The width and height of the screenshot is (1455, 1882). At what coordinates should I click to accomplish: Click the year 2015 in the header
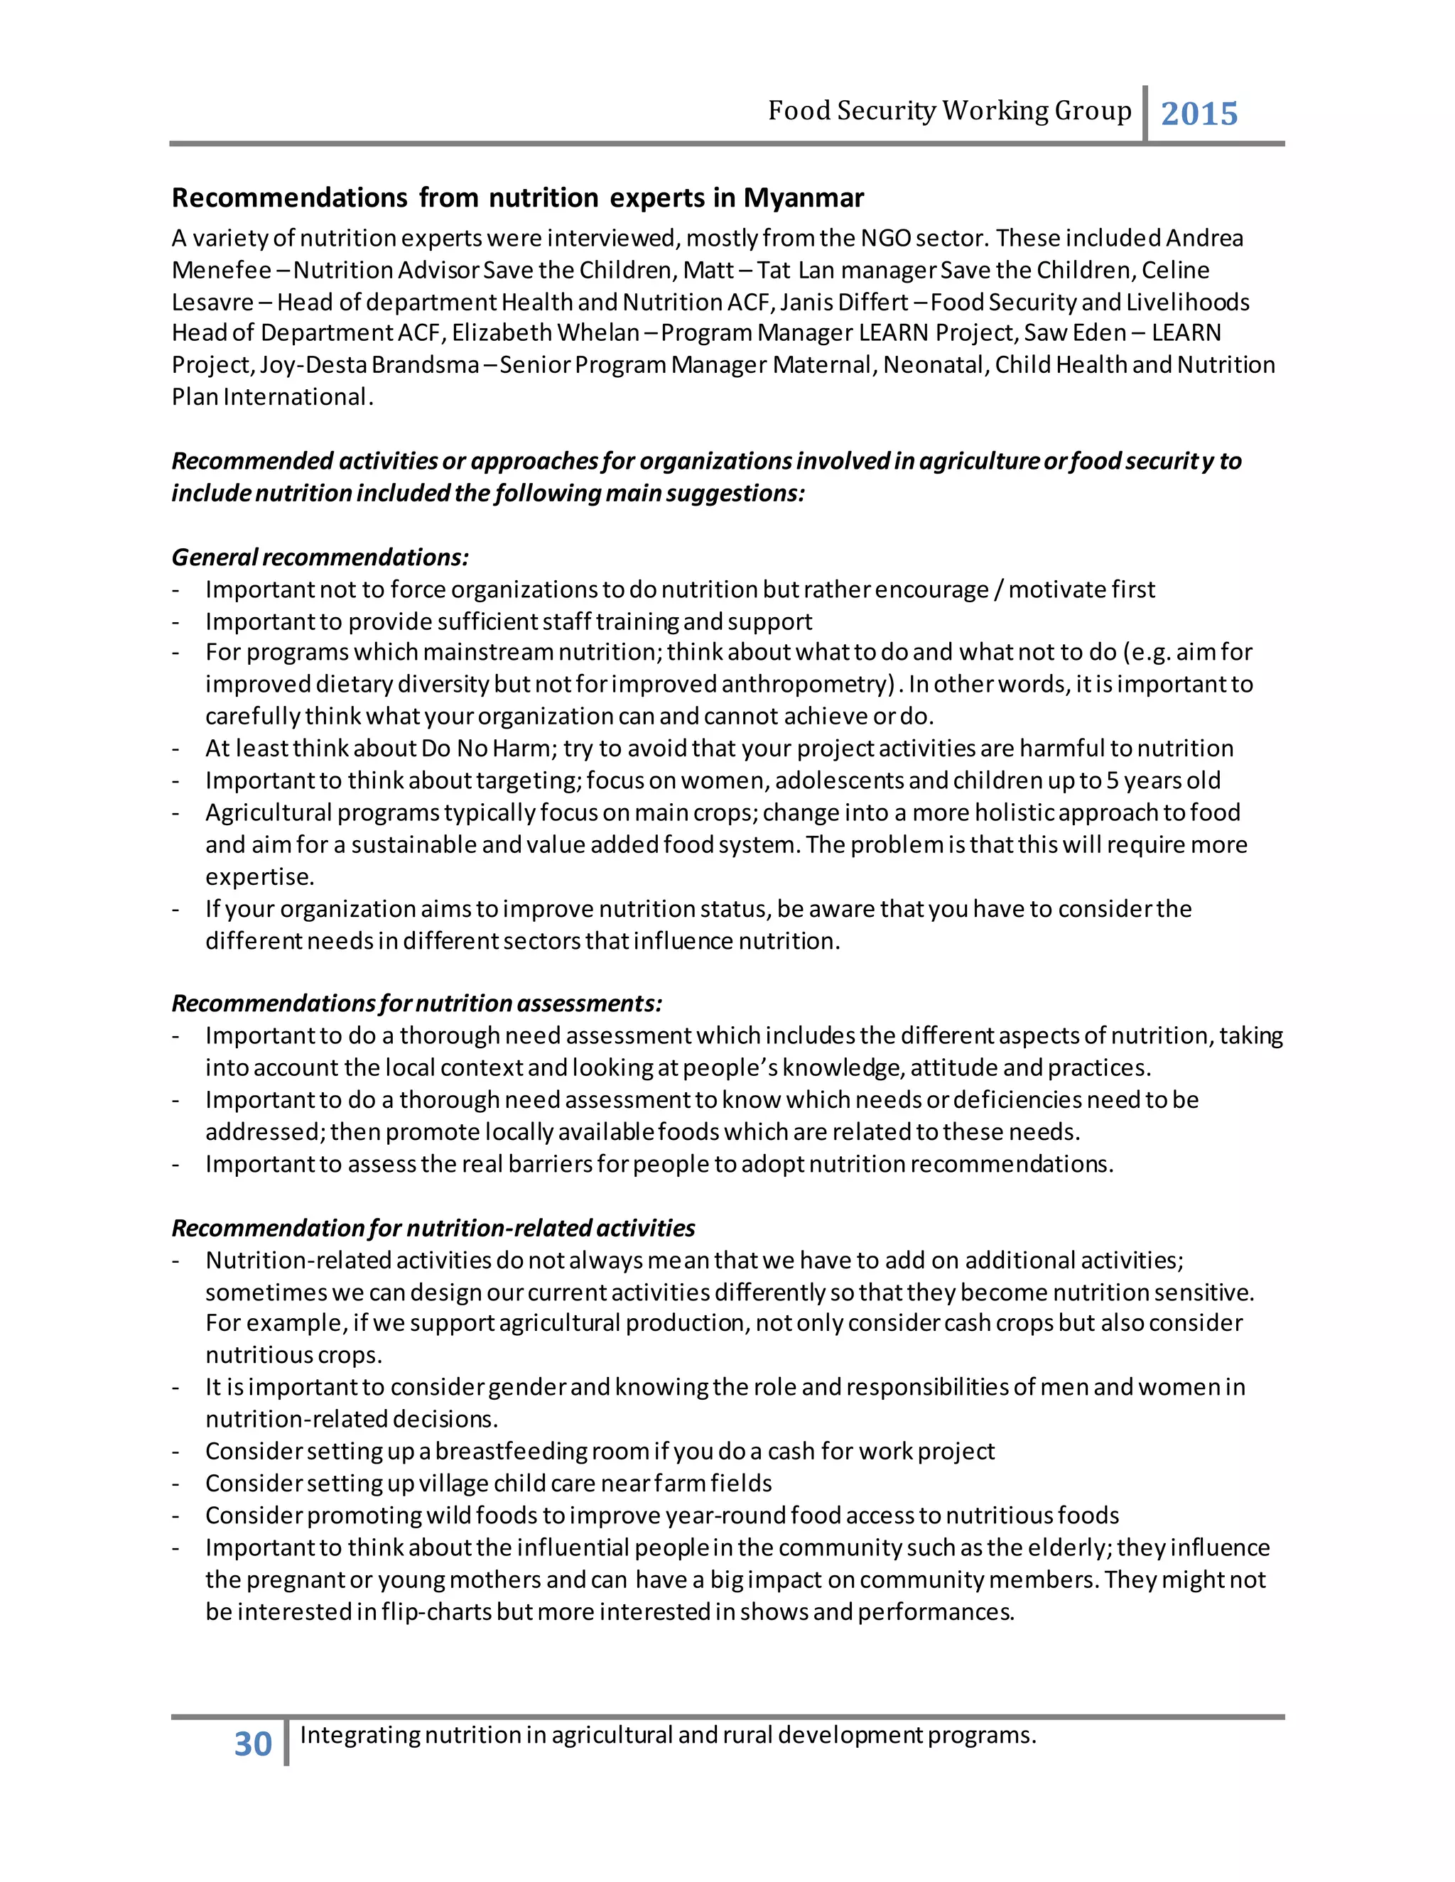(x=1199, y=114)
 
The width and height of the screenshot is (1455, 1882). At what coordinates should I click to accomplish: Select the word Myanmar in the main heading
(x=804, y=198)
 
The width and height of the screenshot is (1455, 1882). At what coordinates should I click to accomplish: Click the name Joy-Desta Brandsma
(x=369, y=365)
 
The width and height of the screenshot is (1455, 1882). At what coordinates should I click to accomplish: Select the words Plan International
(x=270, y=397)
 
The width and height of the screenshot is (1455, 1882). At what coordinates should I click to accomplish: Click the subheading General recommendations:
(x=320, y=557)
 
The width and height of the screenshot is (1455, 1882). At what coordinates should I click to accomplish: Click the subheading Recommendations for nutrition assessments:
(x=416, y=1004)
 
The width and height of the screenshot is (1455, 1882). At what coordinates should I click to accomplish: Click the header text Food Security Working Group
(x=949, y=111)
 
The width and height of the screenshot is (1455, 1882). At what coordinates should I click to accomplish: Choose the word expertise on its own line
(x=259, y=877)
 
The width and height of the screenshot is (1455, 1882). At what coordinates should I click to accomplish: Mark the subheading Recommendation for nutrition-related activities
(x=433, y=1228)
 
